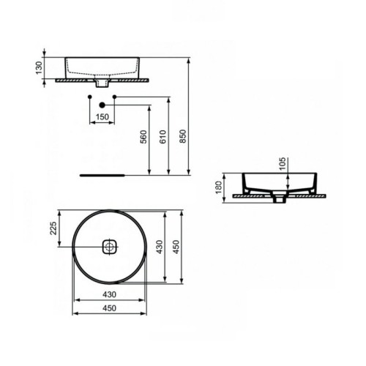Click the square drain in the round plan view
(x=108, y=247)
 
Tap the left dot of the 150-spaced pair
(x=89, y=97)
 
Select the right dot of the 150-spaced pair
(x=115, y=97)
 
